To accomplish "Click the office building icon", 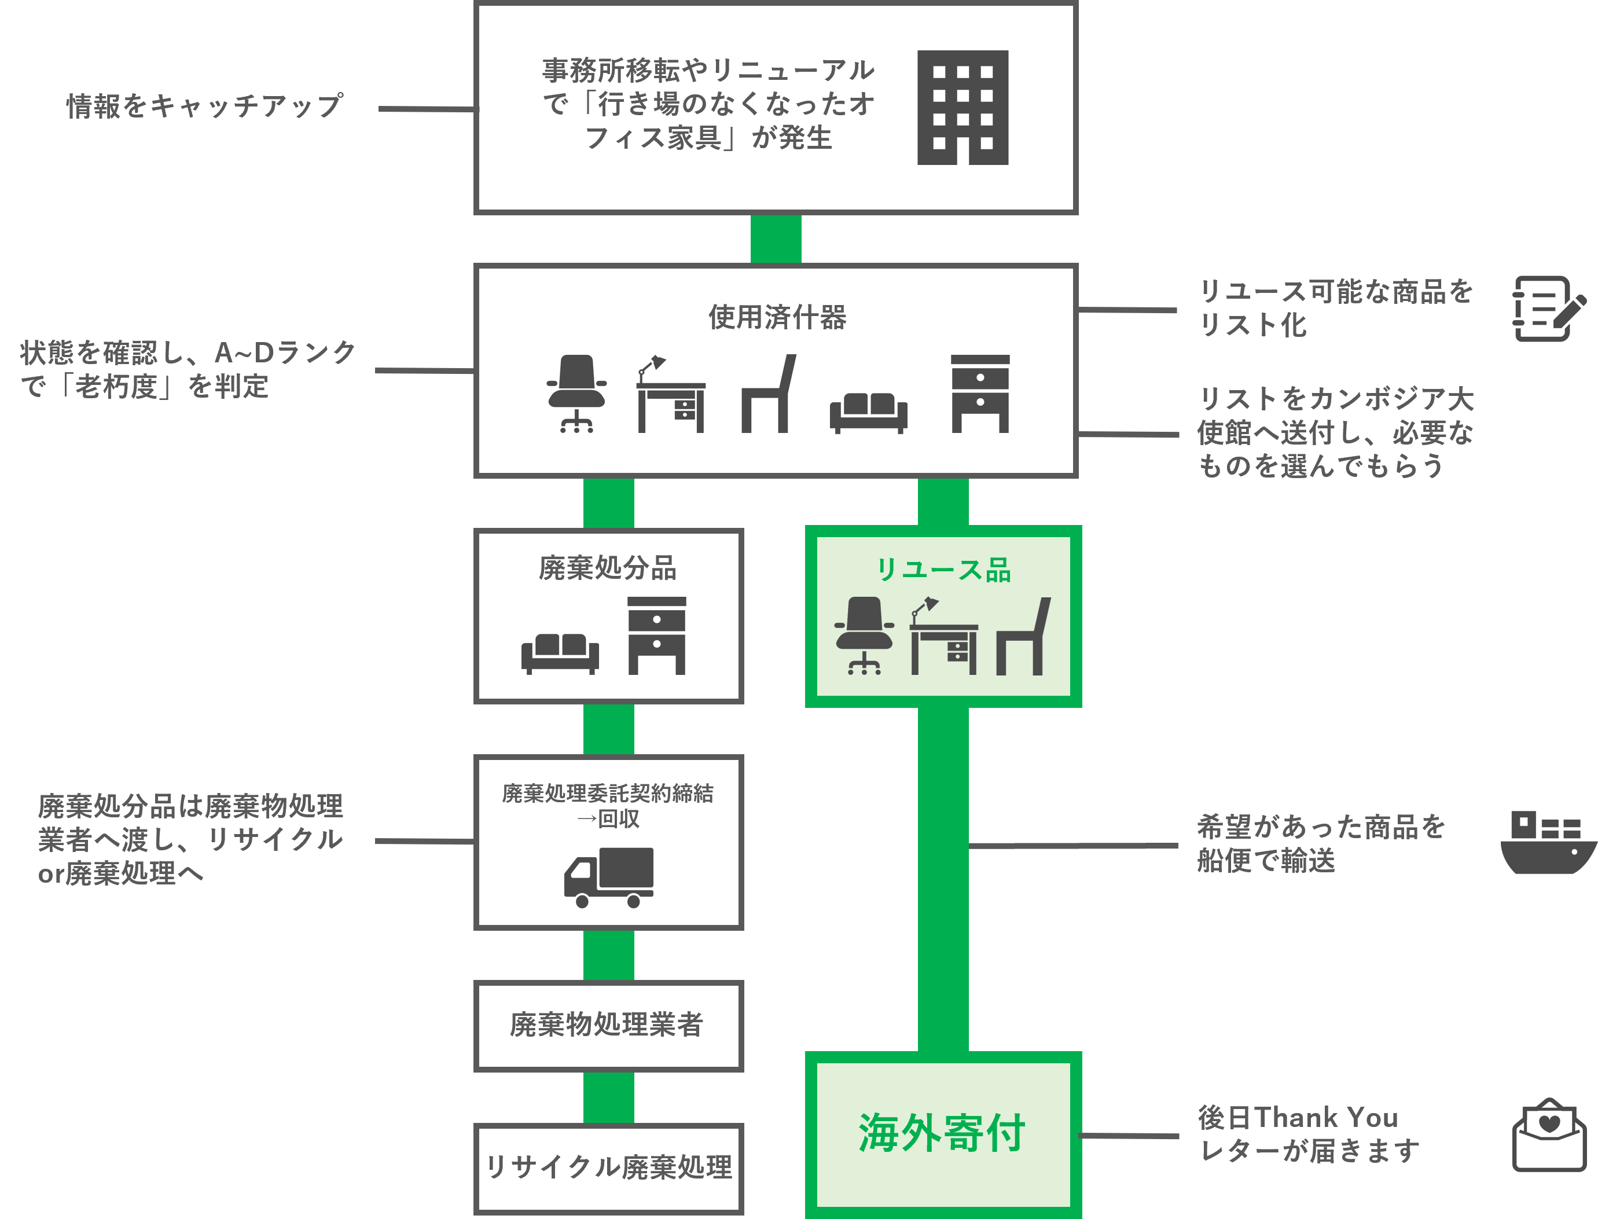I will (963, 108).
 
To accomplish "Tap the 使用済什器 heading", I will (777, 317).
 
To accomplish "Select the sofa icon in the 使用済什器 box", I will (868, 412).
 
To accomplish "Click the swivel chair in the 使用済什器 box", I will (576, 393).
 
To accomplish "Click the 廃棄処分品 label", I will (607, 568).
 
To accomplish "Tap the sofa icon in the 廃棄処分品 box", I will (560, 653).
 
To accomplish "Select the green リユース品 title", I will (943, 570).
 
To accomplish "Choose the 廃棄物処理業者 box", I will (608, 1025).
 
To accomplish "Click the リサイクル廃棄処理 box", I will (608, 1167).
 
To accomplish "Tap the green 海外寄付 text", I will (942, 1133).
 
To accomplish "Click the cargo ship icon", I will (1549, 842).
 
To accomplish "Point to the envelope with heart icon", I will (1549, 1133).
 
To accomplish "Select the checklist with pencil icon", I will (1549, 309).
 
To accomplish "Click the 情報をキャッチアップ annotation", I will (204, 106).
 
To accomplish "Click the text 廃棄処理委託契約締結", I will (608, 793).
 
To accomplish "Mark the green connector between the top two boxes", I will (776, 238).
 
